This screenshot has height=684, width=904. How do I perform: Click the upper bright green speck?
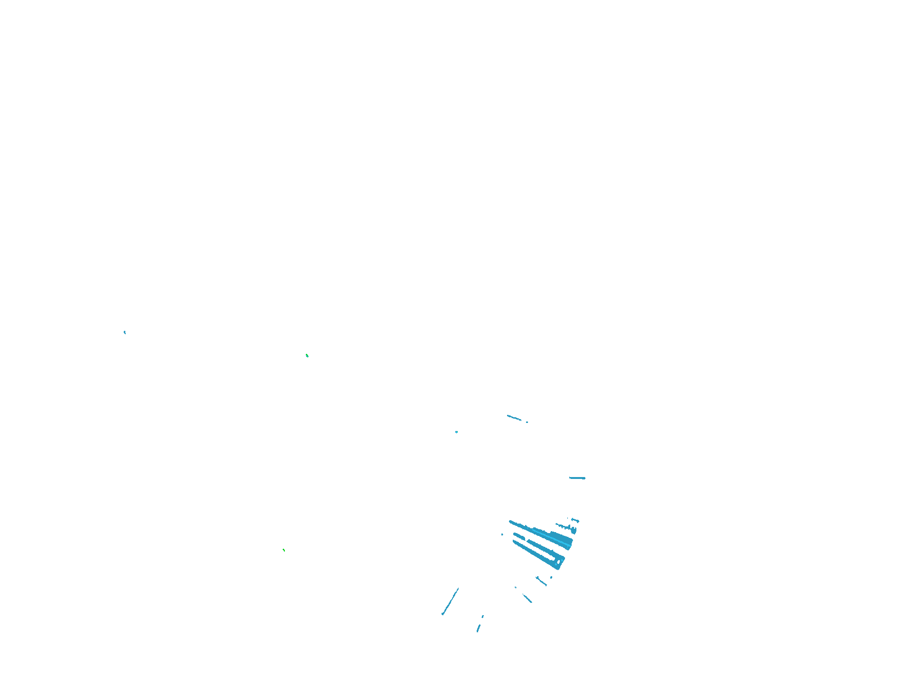[x=307, y=355]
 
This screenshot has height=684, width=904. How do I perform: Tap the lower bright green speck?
[x=284, y=550]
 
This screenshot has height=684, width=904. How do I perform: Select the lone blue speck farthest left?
[x=125, y=332]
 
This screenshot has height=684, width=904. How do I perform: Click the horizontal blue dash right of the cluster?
[x=577, y=478]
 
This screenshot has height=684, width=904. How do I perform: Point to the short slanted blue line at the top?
[x=514, y=418]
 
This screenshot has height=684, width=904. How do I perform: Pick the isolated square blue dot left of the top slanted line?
[x=457, y=432]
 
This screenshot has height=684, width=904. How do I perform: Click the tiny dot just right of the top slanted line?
[x=527, y=422]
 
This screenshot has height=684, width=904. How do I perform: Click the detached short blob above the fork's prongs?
[x=518, y=536]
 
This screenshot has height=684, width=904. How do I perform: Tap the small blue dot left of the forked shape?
[x=502, y=534]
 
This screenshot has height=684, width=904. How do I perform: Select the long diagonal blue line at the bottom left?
[x=450, y=601]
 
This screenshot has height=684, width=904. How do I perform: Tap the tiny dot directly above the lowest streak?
[x=483, y=617]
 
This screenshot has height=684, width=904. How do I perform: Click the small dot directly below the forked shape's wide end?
[x=551, y=578]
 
